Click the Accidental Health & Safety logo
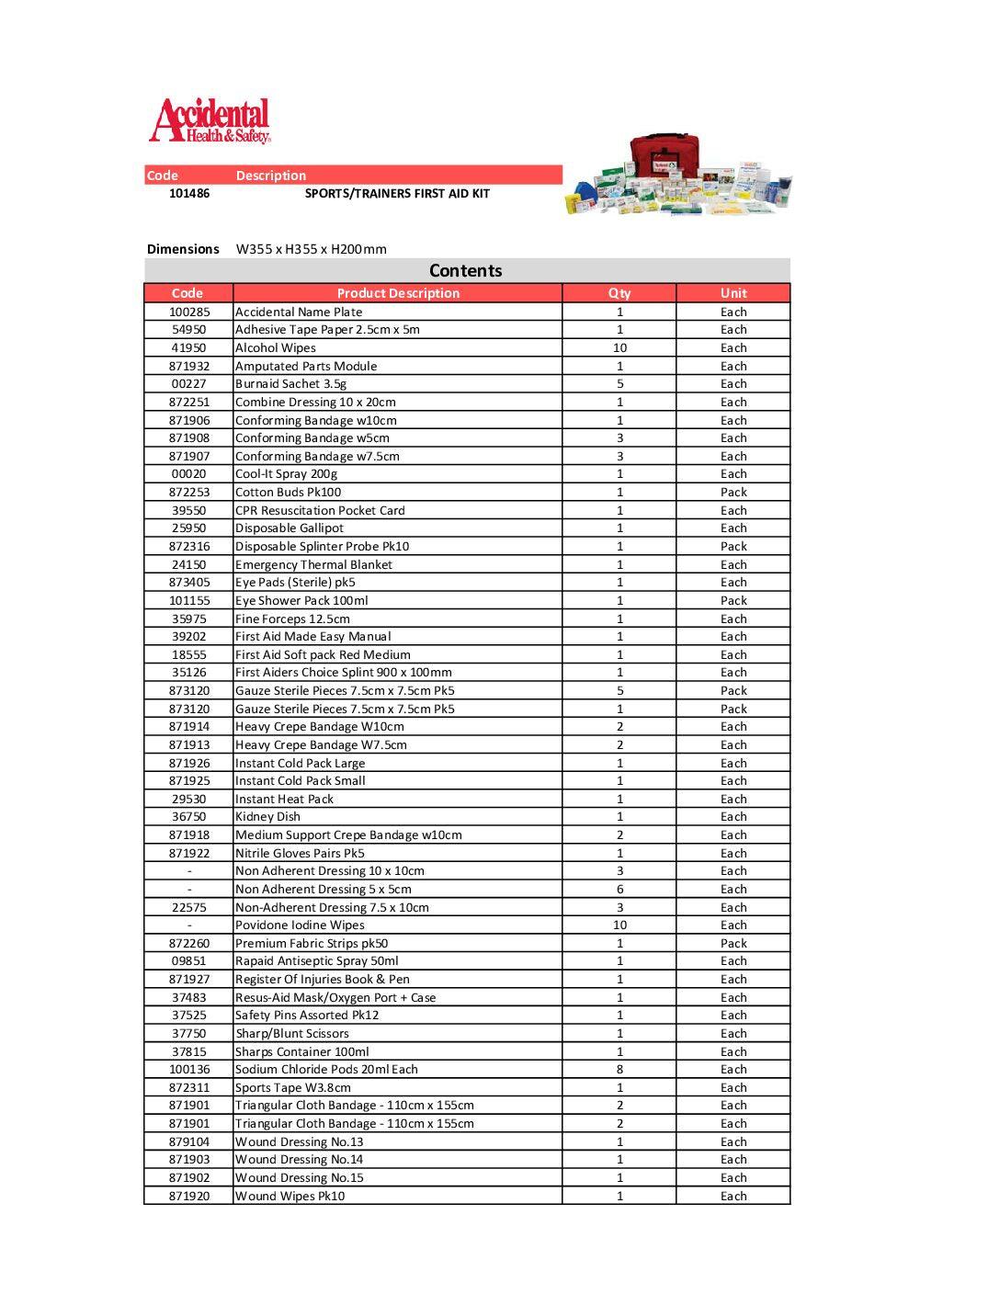[210, 121]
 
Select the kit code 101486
[189, 194]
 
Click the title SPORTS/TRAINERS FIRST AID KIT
[397, 194]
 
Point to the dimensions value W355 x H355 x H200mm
[311, 249]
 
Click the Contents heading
[466, 271]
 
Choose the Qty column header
[619, 293]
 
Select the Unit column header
[733, 293]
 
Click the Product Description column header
[398, 293]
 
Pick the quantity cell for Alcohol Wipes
[619, 348]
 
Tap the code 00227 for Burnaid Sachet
[189, 384]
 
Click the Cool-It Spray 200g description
[287, 474]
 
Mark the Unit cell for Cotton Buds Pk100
[733, 493]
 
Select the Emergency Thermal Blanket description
[314, 565]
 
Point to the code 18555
[189, 655]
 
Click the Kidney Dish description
[268, 817]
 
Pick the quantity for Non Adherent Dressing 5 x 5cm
[619, 890]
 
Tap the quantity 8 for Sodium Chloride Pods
[619, 1070]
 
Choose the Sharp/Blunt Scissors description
[292, 1034]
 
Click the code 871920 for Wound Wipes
[189, 1197]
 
